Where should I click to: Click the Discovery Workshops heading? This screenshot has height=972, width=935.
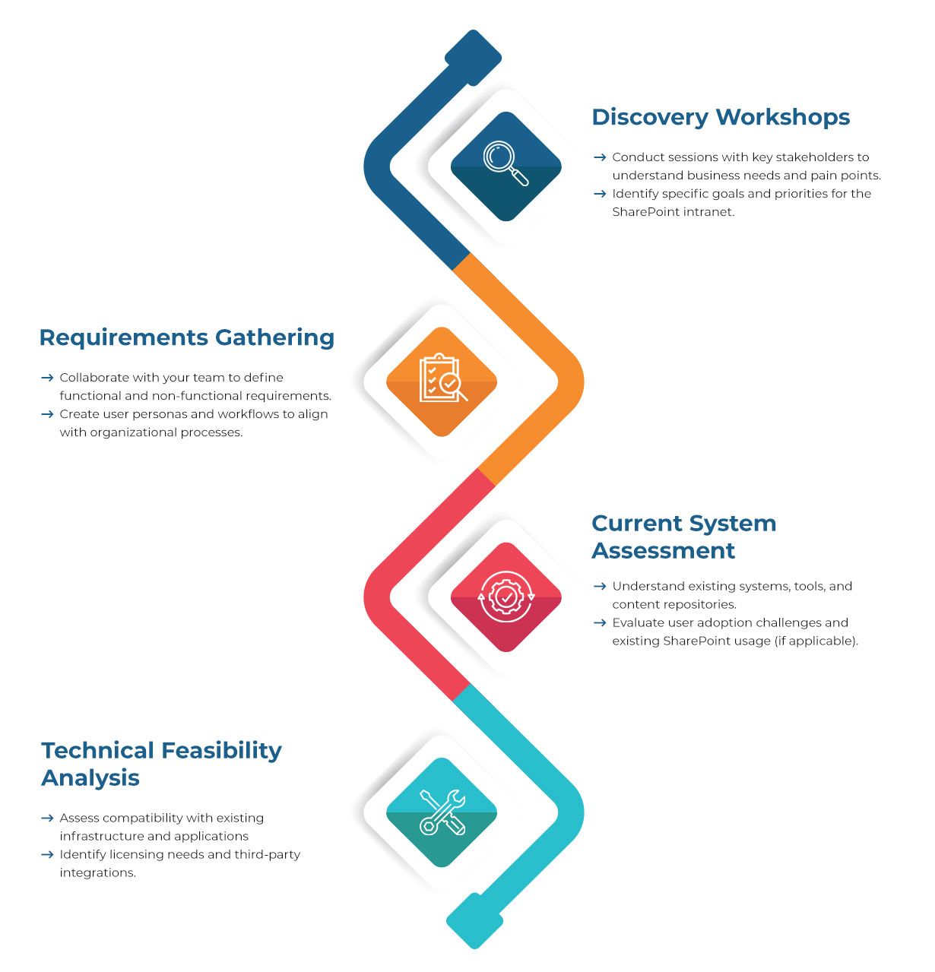point(721,117)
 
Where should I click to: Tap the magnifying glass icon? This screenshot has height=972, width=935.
point(506,164)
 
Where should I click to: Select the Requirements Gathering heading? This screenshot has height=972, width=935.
point(186,337)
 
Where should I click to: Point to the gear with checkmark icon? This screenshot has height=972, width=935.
point(506,597)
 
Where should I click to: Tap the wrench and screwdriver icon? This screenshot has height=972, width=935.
point(442,812)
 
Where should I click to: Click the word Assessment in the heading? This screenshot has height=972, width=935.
point(663,550)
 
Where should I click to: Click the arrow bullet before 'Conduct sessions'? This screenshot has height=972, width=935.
point(600,157)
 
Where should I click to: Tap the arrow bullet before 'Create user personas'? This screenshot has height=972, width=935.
point(47,414)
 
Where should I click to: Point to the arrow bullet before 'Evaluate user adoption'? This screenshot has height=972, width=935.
point(600,622)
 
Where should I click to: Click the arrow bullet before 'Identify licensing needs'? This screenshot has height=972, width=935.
point(47,855)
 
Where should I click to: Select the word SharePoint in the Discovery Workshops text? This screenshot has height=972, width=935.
point(646,212)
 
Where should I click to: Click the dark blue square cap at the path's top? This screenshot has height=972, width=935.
point(473,57)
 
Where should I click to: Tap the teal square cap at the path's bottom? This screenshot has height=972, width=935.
point(475,920)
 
